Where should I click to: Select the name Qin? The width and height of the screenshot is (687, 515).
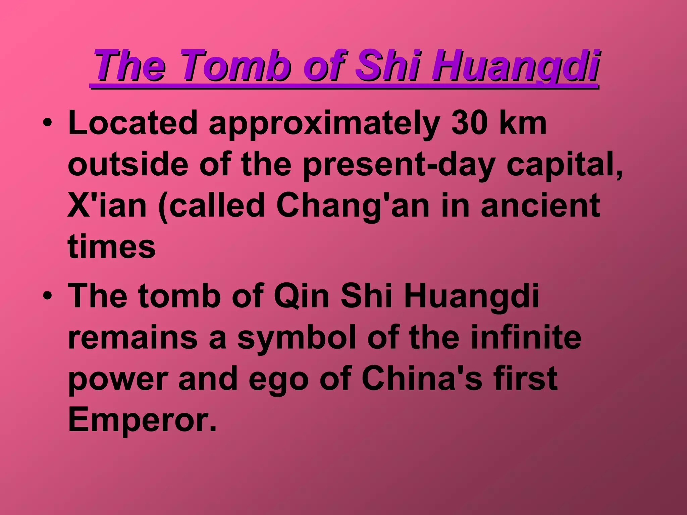(x=302, y=296)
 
